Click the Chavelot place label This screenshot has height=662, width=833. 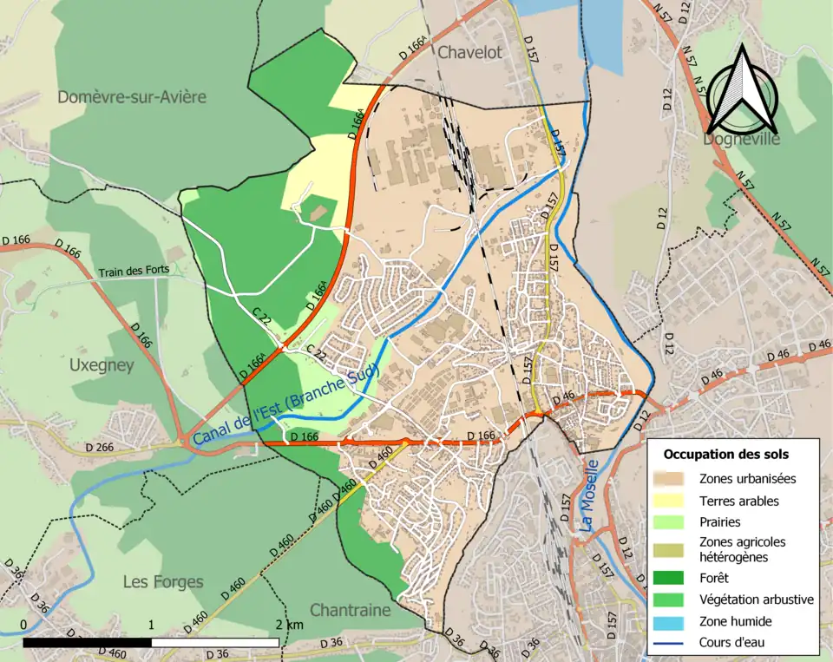469,52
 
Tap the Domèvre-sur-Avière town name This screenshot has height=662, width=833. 132,96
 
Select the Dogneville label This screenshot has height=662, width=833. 742,139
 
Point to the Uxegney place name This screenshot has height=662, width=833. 102,365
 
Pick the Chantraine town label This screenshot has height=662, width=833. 350,610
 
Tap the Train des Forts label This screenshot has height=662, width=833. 131,272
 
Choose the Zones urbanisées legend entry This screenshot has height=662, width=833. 747,478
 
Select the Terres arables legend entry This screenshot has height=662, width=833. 738,501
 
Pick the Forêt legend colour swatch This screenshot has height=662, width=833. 672,576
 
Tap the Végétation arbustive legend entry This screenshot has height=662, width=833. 756,599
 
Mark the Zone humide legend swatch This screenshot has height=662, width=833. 672,621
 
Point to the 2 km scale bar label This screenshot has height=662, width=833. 290,625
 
